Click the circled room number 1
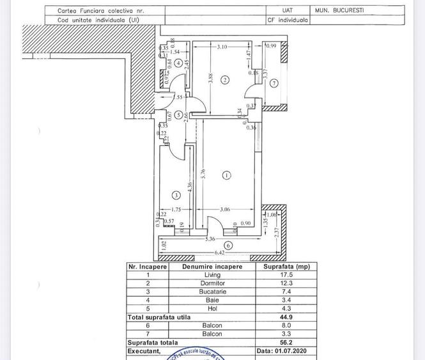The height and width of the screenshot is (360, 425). tap(226, 175)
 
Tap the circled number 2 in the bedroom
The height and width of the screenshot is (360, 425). tap(225, 80)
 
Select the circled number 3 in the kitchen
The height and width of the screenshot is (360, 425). tap(176, 195)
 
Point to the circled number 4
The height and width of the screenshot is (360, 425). tap(177, 63)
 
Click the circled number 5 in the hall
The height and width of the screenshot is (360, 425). tap(178, 114)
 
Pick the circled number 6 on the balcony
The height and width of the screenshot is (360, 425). tap(228, 246)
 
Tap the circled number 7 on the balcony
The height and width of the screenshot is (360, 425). tap(274, 84)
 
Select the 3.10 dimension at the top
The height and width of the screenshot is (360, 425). tap(222, 47)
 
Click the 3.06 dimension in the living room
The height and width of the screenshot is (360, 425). tap(225, 209)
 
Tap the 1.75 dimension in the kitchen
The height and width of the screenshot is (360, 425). tap(177, 209)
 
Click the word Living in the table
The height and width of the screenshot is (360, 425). tap(212, 275)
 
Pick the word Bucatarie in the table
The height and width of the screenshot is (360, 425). tap(212, 292)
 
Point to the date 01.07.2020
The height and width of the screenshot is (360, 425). tap(282, 351)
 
